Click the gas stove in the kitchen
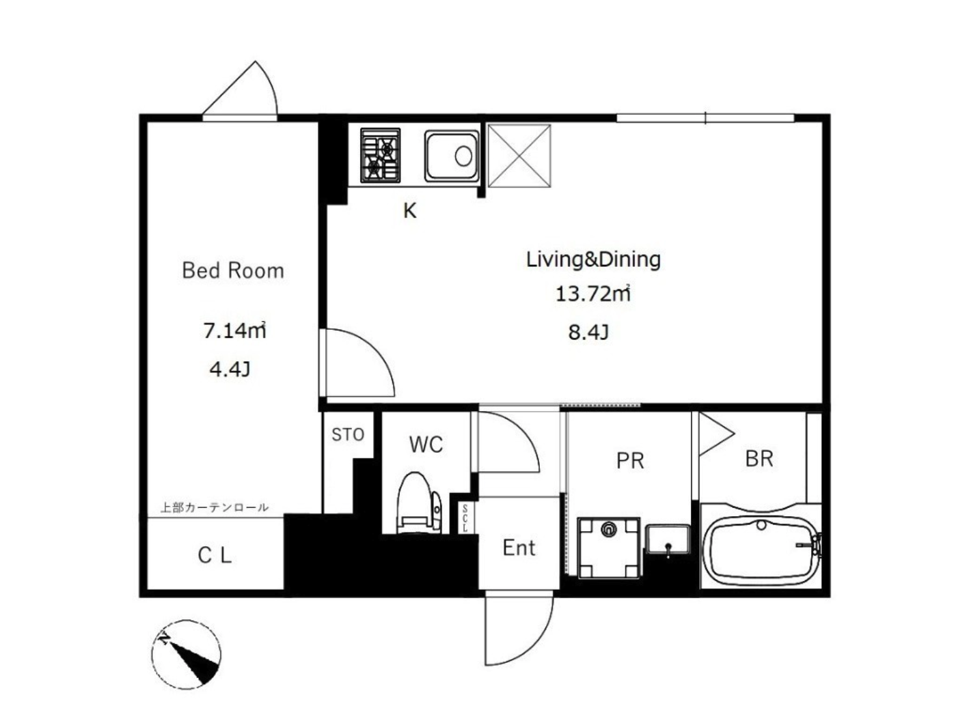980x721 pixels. click(x=380, y=155)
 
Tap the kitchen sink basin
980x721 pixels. click(x=452, y=156)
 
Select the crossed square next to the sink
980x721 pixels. click(x=519, y=156)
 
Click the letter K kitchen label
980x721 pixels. click(x=410, y=211)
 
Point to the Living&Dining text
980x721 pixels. click(x=593, y=259)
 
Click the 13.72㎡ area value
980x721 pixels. click(x=593, y=294)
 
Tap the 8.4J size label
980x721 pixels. click(x=588, y=333)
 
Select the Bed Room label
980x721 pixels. click(x=233, y=270)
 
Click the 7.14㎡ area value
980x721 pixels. click(x=235, y=330)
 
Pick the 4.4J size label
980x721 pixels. click(x=230, y=369)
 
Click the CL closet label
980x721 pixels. click(x=215, y=556)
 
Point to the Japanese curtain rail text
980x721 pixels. click(x=215, y=507)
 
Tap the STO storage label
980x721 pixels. click(x=348, y=435)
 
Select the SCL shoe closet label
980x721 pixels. click(x=465, y=518)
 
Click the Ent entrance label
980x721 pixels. click(x=519, y=548)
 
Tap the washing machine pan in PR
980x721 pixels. click(x=608, y=548)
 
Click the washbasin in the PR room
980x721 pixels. click(x=668, y=539)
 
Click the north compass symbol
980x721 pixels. click(x=186, y=654)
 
